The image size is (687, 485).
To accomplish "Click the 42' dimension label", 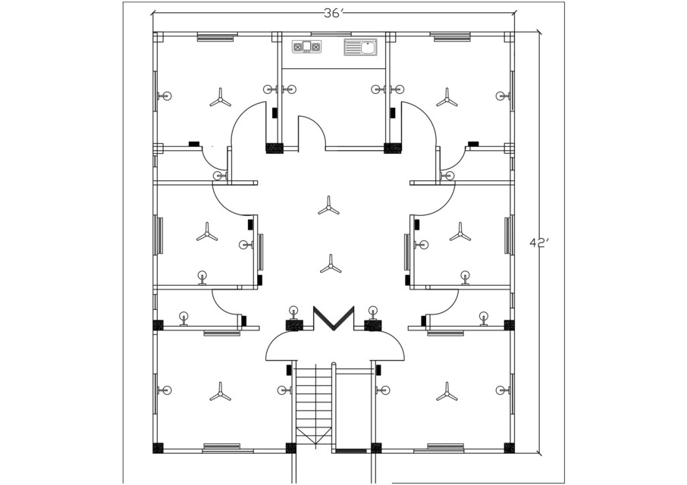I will pyautogui.click(x=539, y=243).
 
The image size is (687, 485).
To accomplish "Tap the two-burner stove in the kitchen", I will pyautogui.click(x=306, y=47).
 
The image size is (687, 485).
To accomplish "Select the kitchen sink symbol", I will pyautogui.click(x=360, y=48).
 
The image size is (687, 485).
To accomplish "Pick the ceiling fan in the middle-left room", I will pyautogui.click(x=207, y=232).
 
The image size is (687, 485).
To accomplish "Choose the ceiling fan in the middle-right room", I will pyautogui.click(x=460, y=232).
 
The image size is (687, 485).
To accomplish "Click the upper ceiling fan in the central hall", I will pyautogui.click(x=328, y=205).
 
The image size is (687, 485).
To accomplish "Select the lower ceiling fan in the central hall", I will pyautogui.click(x=331, y=264).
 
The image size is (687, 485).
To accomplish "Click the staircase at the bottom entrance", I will pyautogui.click(x=313, y=405).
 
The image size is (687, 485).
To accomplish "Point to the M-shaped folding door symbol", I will pyautogui.click(x=334, y=318).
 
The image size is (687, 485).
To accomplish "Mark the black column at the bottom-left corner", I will pyautogui.click(x=158, y=448).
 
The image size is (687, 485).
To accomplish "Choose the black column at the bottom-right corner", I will pyautogui.click(x=509, y=448).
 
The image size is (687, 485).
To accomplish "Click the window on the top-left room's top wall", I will pyautogui.click(x=215, y=36).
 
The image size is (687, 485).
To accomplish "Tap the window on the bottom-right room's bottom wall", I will pyautogui.click(x=445, y=448).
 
